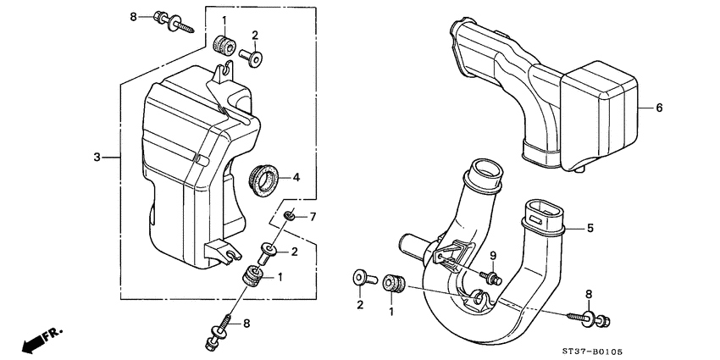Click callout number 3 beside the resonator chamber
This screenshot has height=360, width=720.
click(97, 158)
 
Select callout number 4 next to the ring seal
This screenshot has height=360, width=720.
click(296, 178)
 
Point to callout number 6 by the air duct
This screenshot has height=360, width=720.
click(660, 108)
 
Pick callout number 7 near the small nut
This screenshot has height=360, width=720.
click(313, 218)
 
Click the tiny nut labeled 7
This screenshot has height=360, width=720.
click(289, 217)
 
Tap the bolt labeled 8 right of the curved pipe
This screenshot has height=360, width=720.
click(594, 318)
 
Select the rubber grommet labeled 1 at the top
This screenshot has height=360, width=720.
click(224, 44)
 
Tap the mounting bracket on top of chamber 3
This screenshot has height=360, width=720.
click(223, 80)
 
